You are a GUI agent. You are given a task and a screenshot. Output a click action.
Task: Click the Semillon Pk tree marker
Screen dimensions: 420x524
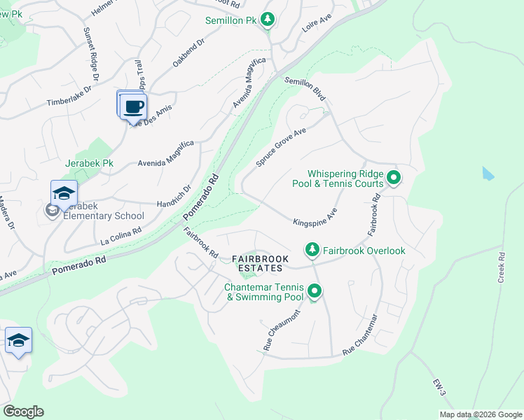[x=267, y=20]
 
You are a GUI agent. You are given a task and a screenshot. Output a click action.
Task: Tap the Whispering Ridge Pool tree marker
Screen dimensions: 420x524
[x=394, y=178]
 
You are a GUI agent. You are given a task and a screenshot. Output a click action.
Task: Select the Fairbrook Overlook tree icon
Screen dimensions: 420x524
[x=312, y=250]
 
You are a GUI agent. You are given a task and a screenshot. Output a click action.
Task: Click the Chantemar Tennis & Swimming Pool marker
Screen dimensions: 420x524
[x=315, y=291]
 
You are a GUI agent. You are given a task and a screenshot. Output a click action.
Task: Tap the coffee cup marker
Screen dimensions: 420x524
[x=132, y=106]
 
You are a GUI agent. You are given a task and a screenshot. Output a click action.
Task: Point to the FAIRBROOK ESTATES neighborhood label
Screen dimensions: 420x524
[x=258, y=263]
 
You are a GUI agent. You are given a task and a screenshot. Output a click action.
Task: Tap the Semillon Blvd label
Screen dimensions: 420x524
[x=305, y=91]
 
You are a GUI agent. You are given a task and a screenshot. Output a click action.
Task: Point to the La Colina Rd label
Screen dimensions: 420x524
[x=121, y=234]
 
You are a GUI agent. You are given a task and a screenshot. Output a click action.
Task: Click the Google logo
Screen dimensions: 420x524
[x=23, y=412]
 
